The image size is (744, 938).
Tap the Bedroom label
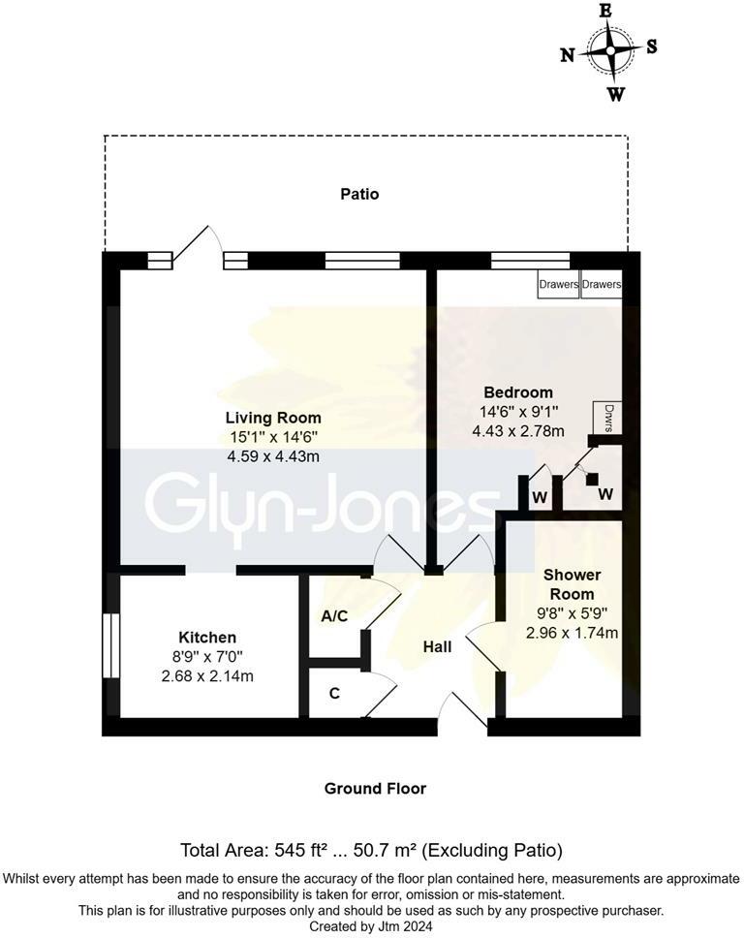tap(518, 392)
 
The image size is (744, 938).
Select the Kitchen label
tap(207, 637)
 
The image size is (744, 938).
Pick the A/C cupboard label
tap(334, 616)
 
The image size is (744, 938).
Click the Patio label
tap(359, 194)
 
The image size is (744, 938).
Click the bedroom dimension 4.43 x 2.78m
tap(518, 431)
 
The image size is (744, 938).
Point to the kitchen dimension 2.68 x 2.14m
tap(207, 676)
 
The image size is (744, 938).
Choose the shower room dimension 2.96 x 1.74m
tap(572, 633)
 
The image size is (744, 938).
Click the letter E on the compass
tap(605, 11)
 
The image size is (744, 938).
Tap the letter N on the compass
tap(568, 55)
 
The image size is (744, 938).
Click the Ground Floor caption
tap(375, 788)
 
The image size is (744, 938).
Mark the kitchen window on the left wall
tap(109, 646)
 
